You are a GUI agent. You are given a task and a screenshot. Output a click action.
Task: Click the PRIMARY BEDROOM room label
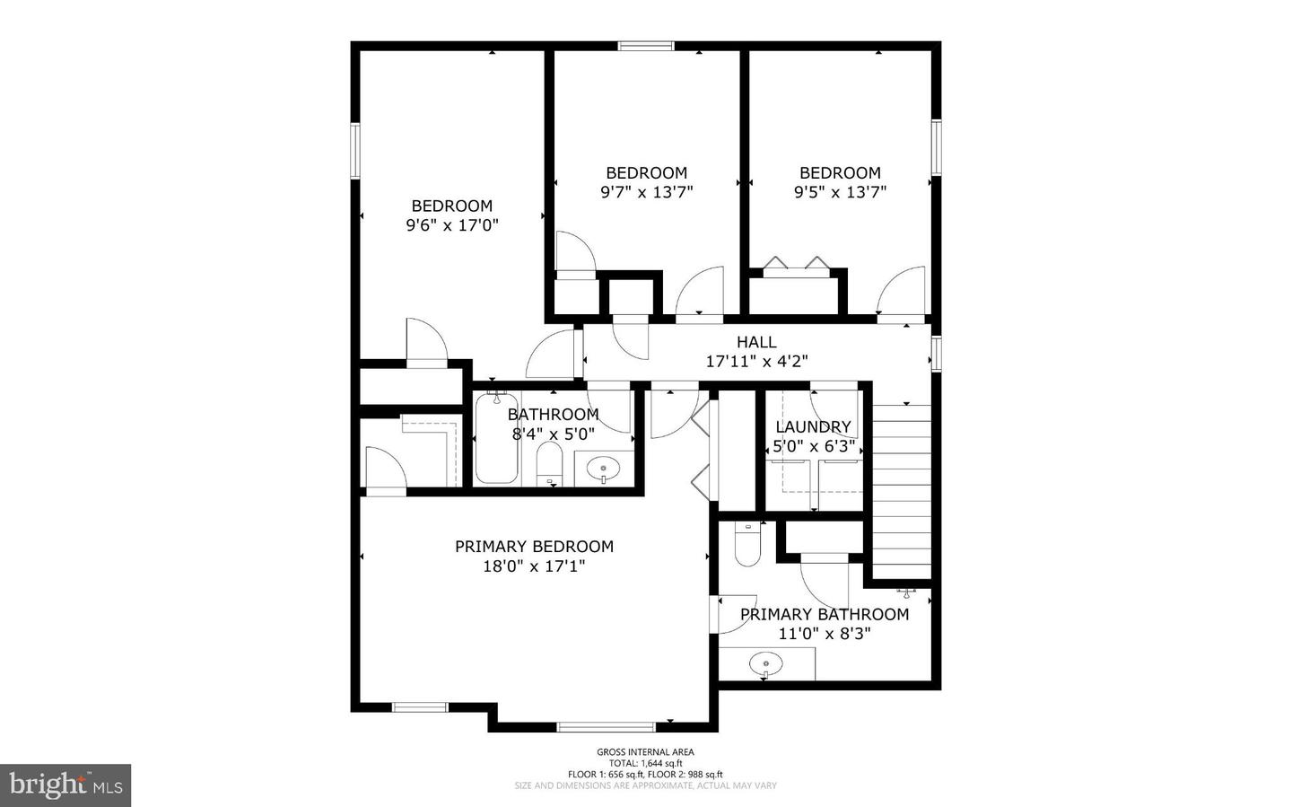pos(534,546)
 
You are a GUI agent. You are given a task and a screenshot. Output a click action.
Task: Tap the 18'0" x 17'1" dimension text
pos(534,566)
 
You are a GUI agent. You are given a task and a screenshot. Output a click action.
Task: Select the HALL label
pos(756,342)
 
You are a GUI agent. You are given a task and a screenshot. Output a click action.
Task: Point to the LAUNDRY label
pos(813,426)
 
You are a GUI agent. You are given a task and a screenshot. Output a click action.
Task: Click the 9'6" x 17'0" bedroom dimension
pos(452,225)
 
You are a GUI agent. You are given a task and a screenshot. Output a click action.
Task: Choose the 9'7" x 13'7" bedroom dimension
pos(646,192)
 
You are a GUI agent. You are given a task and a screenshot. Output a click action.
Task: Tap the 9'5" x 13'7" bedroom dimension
pos(840,192)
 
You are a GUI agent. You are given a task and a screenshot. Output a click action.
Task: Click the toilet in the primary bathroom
pos(746,545)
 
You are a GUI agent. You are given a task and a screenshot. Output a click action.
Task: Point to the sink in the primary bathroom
pos(765,665)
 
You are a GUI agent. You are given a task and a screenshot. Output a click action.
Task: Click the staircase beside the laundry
pos(902,489)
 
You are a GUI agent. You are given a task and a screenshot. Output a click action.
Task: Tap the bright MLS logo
pos(65,785)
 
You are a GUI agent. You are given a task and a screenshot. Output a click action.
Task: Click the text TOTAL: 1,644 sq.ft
pos(645,763)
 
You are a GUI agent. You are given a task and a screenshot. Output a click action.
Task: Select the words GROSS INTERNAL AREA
pos(645,752)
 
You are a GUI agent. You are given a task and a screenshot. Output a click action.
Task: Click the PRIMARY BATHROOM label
pos(825,614)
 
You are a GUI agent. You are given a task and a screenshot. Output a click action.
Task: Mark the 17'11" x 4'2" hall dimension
pos(756,362)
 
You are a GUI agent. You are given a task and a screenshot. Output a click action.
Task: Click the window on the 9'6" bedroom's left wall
pos(355,150)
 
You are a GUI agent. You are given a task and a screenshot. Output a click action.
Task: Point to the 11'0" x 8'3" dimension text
pos(825,634)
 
